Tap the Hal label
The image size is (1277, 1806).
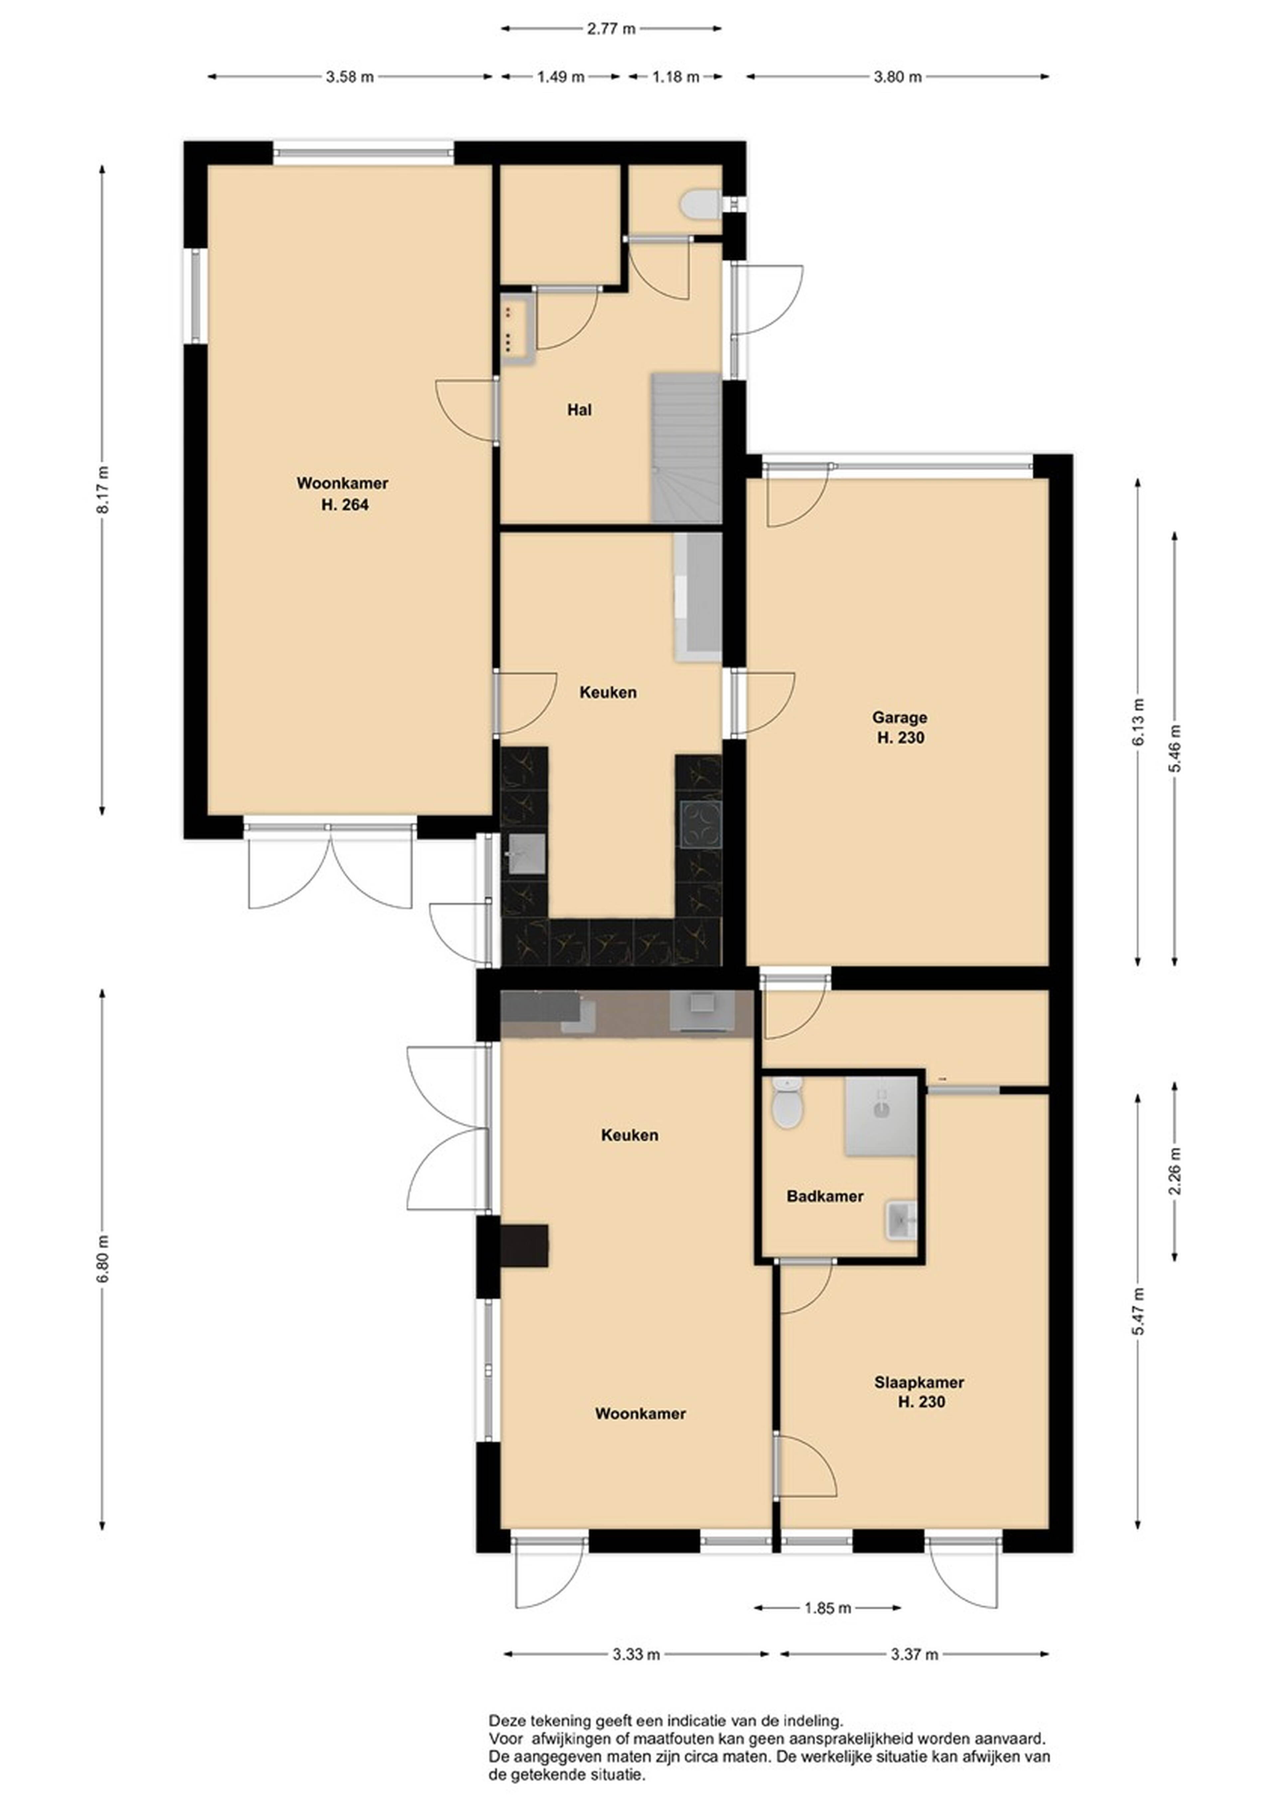click(x=579, y=410)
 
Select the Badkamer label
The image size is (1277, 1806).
click(x=825, y=1196)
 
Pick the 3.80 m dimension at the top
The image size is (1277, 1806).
click(x=898, y=77)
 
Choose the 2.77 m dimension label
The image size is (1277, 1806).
click(x=611, y=29)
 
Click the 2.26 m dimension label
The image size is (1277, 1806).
click(x=1175, y=1172)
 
